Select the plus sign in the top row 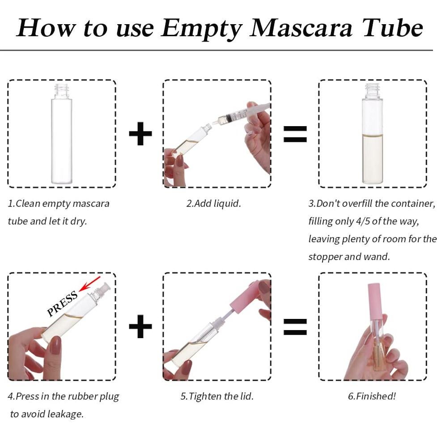[140, 133]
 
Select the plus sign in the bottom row [140, 327]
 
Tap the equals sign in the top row [295, 133]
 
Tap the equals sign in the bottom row [295, 327]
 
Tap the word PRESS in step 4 [63, 304]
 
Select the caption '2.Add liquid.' [213, 204]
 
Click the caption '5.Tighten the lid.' [217, 396]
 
